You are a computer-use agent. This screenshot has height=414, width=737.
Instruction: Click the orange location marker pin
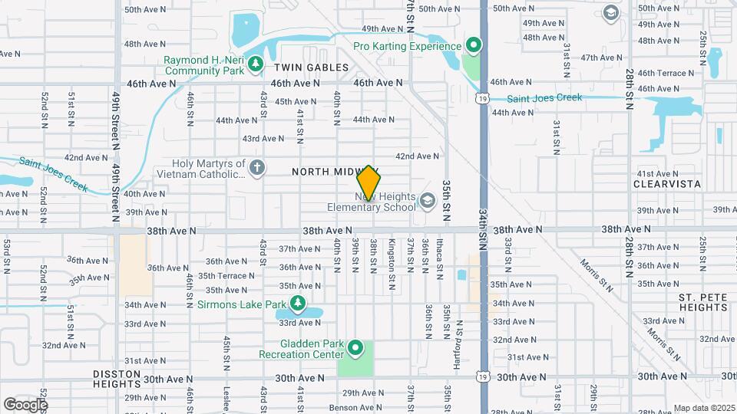[368, 183]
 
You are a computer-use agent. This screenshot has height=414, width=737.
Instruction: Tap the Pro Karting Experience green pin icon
[474, 46]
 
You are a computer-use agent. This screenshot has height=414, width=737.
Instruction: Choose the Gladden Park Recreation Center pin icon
[355, 349]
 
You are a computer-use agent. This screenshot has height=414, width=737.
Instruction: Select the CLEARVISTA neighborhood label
[667, 185]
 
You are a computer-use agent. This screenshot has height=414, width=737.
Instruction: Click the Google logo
[25, 404]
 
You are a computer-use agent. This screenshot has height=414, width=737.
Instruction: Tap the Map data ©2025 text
[705, 408]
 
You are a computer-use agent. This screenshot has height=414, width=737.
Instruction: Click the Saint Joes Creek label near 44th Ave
[544, 97]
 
